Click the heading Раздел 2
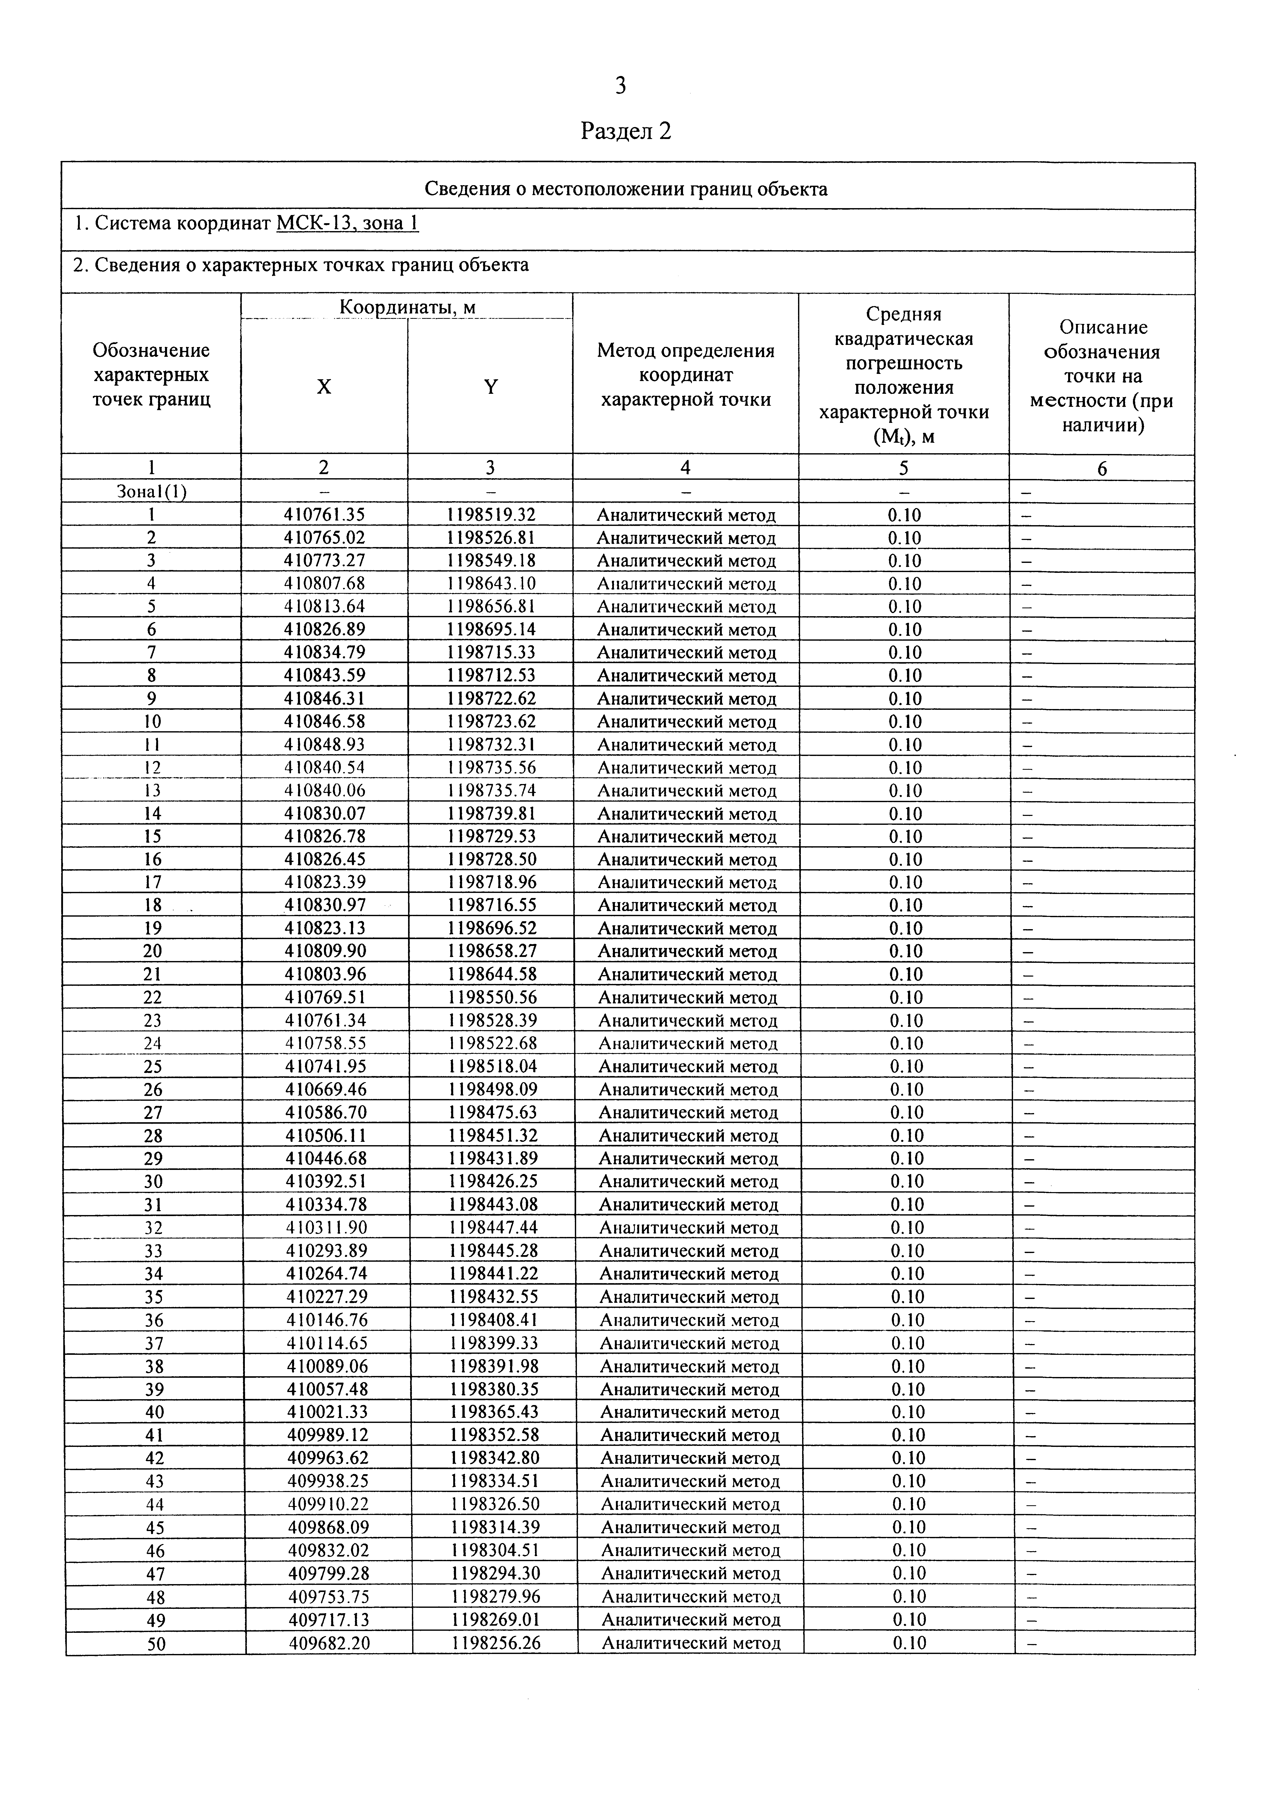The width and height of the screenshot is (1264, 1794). [626, 131]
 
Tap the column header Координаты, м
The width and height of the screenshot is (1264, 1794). [407, 307]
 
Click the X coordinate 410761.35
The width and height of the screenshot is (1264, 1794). [324, 515]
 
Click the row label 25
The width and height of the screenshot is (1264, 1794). [153, 1067]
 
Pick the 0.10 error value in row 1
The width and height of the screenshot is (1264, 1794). [904, 515]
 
